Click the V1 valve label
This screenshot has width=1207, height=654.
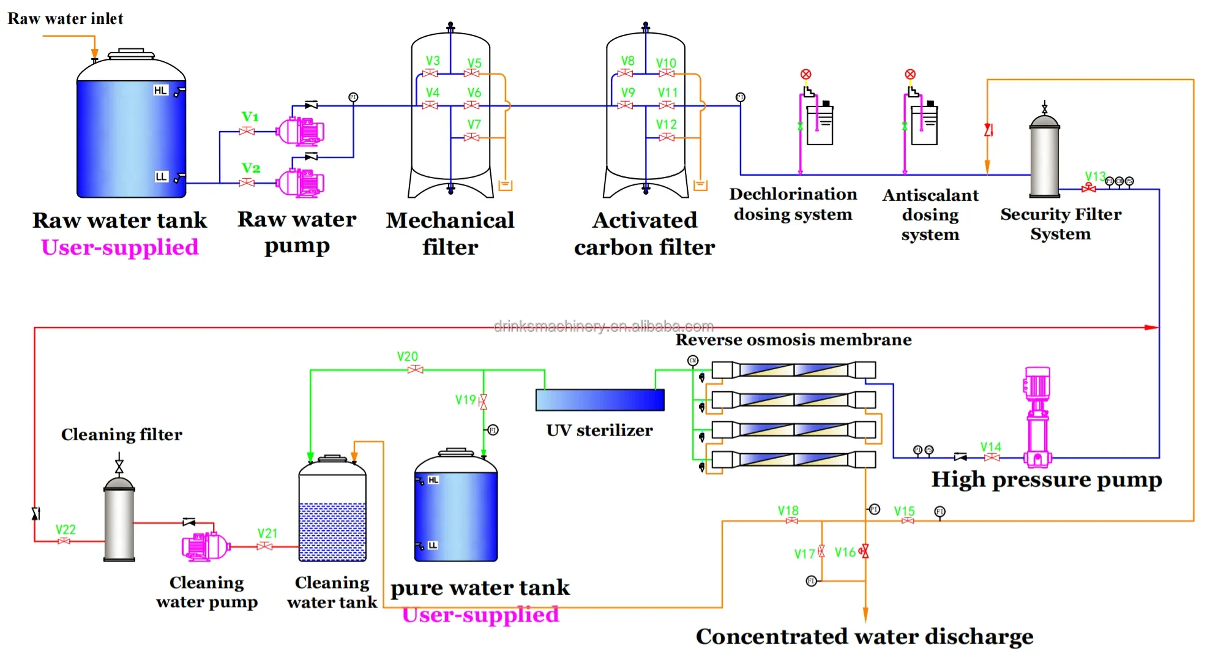click(x=250, y=116)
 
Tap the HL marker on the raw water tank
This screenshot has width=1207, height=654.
click(x=160, y=91)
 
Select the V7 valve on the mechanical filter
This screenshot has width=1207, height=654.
click(x=472, y=137)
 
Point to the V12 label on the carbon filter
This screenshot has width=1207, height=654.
click(x=667, y=124)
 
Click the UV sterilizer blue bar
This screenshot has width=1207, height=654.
click(x=600, y=400)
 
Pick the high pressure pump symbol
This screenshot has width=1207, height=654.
click(x=1037, y=416)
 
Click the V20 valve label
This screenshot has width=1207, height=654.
click(x=407, y=356)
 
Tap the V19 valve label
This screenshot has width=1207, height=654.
click(x=465, y=400)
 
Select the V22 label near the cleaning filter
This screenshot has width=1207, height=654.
click(x=65, y=530)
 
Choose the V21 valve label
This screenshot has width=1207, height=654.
click(x=267, y=533)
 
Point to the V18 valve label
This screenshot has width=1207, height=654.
click(x=788, y=510)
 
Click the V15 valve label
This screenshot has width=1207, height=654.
click(x=904, y=511)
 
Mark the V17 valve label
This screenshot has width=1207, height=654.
click(x=804, y=554)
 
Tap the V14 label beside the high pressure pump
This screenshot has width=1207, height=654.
click(x=990, y=447)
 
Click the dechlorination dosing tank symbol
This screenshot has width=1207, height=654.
click(x=820, y=126)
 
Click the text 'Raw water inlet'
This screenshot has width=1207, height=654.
click(x=65, y=19)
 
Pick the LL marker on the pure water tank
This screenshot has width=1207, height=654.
click(x=433, y=545)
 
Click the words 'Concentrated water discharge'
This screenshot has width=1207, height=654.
click(x=864, y=637)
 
